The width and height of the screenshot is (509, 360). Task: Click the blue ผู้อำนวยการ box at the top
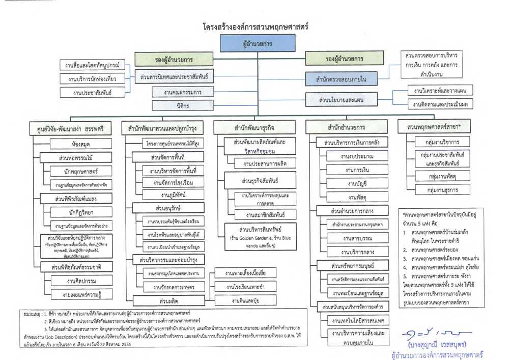[x=257, y=44]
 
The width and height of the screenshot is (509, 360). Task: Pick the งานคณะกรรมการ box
[x=183, y=92]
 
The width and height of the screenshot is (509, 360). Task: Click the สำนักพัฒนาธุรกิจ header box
[x=257, y=127]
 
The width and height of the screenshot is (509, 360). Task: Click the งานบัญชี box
[x=358, y=183]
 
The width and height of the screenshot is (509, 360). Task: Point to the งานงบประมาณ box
[x=358, y=157]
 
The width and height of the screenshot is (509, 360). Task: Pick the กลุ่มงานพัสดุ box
[x=442, y=176]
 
